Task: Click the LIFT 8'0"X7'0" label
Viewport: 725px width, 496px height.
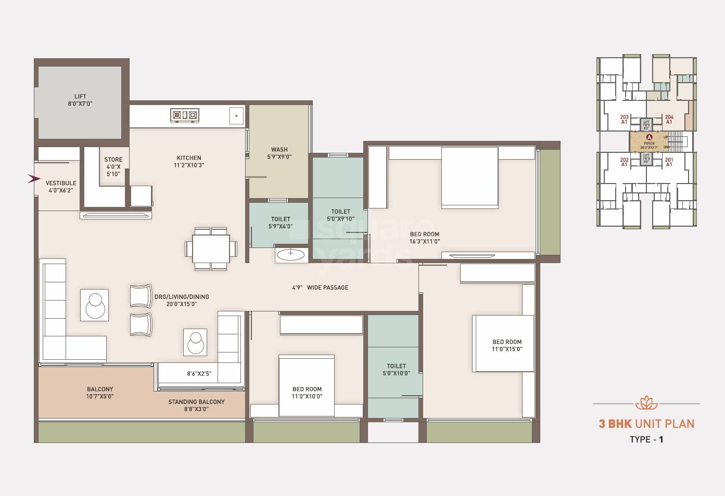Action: tap(80, 100)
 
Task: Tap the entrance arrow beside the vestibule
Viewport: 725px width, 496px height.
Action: tap(34, 179)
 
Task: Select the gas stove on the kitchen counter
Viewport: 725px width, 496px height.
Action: tap(184, 115)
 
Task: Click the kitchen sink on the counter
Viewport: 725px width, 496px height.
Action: tap(236, 116)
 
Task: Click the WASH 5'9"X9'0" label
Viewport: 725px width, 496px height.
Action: tap(279, 153)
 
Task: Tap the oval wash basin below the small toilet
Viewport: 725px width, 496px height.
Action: tap(290, 254)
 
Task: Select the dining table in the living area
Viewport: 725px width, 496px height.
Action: tap(211, 249)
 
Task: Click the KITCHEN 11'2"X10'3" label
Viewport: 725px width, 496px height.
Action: tap(189, 161)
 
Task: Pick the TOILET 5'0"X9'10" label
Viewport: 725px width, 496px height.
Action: tap(340, 215)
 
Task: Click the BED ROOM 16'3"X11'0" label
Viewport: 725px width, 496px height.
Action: tap(424, 238)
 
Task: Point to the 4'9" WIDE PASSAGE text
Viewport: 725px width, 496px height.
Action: tap(320, 288)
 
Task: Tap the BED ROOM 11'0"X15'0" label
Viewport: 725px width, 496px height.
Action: tap(506, 345)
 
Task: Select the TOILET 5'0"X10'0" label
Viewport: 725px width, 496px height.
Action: tap(396, 370)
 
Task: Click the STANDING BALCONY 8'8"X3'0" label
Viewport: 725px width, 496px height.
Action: tap(196, 405)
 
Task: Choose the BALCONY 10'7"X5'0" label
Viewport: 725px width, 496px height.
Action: tap(100, 393)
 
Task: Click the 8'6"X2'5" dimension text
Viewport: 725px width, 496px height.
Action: tap(199, 373)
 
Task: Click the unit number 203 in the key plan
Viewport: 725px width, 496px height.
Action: tap(624, 118)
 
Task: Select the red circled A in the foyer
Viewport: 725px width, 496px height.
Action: tap(649, 137)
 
